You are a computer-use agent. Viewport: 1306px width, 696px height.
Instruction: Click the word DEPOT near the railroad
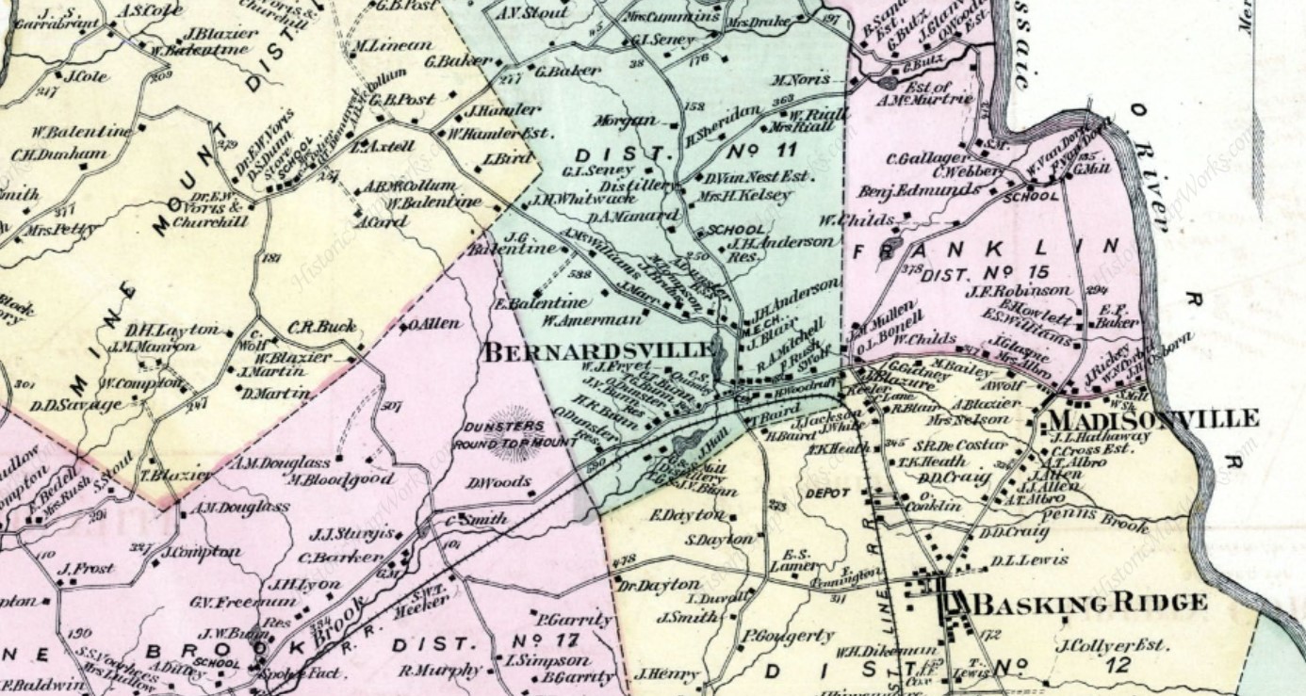pos(828,493)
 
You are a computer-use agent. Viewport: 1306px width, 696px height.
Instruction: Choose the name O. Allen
pos(434,323)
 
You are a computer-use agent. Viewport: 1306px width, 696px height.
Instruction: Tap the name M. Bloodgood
pos(340,479)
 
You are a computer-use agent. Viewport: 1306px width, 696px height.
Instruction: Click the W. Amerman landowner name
pos(591,319)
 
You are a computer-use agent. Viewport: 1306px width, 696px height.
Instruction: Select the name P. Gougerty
pos(787,636)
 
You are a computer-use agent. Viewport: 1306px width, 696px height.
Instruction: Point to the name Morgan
pos(625,121)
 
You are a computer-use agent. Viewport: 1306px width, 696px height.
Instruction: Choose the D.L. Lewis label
pos(1029,560)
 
